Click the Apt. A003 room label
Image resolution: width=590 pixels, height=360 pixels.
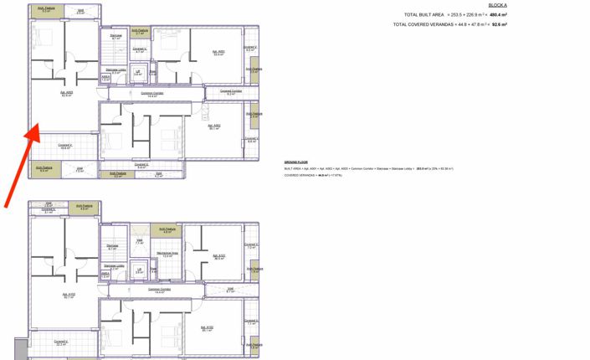66,94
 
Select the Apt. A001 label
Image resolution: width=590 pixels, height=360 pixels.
218,53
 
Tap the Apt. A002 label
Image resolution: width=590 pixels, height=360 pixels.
214,127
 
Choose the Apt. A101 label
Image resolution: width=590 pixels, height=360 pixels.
218,257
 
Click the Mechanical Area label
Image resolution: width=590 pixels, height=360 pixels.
167,255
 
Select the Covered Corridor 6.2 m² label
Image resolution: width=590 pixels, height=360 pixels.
231,92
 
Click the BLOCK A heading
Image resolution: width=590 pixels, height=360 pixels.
497,5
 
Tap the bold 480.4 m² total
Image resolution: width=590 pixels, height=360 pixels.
498,15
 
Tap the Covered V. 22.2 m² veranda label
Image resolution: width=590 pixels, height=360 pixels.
61,342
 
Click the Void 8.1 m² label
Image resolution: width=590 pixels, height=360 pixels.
230,290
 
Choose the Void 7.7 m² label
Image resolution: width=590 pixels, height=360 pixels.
80,170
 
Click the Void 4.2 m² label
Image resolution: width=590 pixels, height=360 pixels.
158,175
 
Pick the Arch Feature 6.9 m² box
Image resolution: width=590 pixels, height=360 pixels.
44,169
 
